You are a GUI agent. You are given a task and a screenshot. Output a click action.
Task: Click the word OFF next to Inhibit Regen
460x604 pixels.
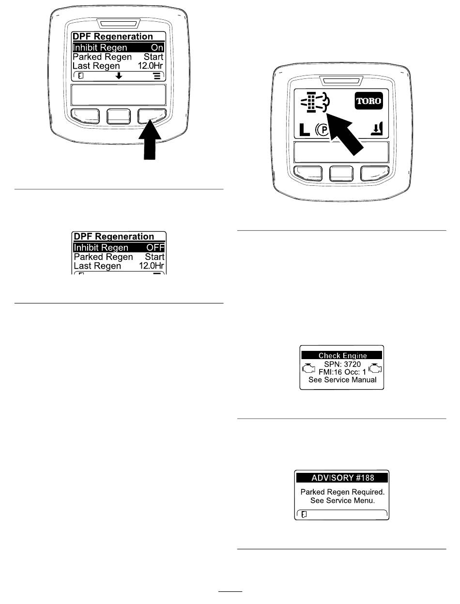pyautogui.click(x=155, y=248)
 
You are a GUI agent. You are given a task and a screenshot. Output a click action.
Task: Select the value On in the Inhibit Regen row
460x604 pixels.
pyautogui.click(x=157, y=47)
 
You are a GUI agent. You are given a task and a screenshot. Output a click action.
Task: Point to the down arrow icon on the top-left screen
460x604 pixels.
pyautogui.click(x=118, y=76)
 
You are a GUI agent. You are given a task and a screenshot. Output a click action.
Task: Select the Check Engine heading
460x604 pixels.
pyautogui.click(x=342, y=355)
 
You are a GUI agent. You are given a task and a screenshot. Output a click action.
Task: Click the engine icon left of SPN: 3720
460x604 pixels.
pyautogui.click(x=308, y=369)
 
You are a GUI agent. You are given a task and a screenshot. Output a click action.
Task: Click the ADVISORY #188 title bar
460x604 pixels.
pyautogui.click(x=342, y=478)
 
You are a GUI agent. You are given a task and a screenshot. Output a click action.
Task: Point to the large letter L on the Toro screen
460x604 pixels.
pyautogui.click(x=303, y=130)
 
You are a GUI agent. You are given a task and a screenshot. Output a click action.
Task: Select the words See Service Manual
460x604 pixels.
pyautogui.click(x=342, y=379)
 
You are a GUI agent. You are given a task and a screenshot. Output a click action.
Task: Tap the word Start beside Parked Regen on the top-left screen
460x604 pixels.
pyautogui.click(x=154, y=57)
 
